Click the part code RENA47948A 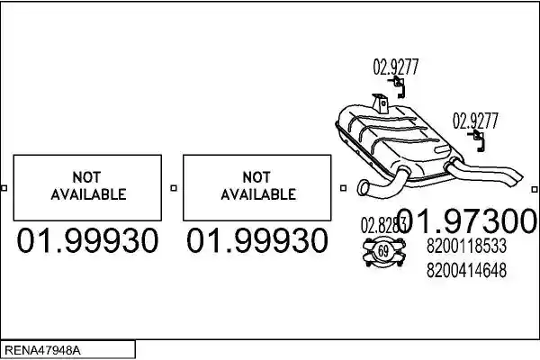42,350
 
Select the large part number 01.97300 466,221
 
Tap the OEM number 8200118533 466,246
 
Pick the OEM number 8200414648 466,270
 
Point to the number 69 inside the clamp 383,251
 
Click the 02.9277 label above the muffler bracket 396,67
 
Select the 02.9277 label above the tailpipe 475,121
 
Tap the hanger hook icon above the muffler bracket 398,87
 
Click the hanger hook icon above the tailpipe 478,140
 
